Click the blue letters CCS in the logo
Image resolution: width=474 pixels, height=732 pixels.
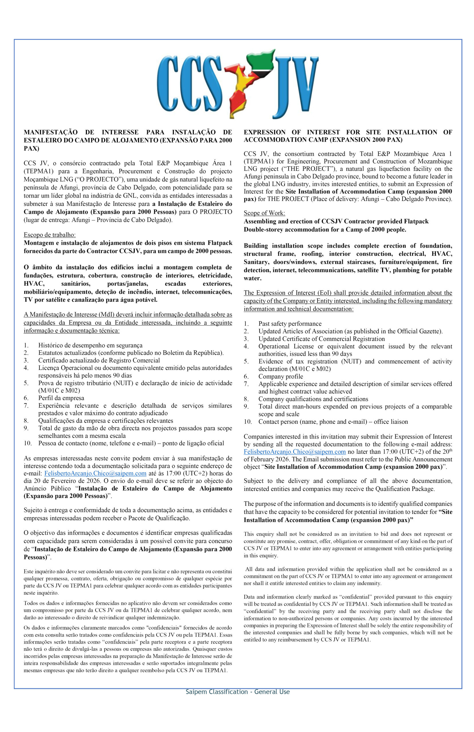(189, 85)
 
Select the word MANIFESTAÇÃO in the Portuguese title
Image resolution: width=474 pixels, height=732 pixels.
(50, 132)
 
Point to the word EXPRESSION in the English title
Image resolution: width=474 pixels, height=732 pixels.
(264, 132)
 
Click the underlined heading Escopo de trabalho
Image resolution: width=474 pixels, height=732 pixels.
(50, 235)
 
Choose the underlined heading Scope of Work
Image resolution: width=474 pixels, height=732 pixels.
(264, 213)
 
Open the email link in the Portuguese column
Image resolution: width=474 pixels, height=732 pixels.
(95, 474)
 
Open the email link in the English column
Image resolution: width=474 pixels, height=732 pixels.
(295, 451)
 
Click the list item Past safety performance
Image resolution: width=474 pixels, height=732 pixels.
(290, 324)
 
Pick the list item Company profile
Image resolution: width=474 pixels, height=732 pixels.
(281, 376)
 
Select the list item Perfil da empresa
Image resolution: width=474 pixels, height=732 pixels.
(61, 398)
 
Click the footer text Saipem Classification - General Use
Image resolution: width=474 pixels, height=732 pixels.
(237, 692)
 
